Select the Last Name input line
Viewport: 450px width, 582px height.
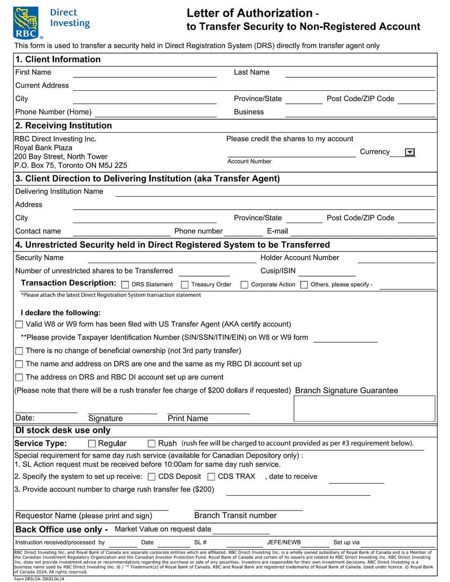click(x=360, y=73)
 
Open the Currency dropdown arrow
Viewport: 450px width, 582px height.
click(x=409, y=152)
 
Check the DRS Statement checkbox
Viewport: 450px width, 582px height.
click(x=126, y=285)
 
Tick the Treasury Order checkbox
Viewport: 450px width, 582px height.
click(x=184, y=285)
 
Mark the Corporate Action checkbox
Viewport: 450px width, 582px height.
click(x=244, y=285)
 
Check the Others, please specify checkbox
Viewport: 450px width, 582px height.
click(x=304, y=285)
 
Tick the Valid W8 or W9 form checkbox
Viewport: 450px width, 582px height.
click(x=19, y=324)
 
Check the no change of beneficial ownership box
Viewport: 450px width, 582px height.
click(x=19, y=351)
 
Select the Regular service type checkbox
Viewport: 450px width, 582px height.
click(x=92, y=443)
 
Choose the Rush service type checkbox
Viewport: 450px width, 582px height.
click(x=152, y=443)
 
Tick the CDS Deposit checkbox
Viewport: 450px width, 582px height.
click(x=152, y=477)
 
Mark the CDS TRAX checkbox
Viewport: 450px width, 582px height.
click(x=211, y=477)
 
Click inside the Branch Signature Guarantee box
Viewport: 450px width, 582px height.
click(x=364, y=408)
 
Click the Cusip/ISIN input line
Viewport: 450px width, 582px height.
click(x=327, y=272)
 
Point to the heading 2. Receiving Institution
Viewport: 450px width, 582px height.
click(x=63, y=126)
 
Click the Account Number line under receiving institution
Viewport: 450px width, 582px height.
click(x=291, y=153)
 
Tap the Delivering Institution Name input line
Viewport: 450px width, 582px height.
click(x=274, y=193)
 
